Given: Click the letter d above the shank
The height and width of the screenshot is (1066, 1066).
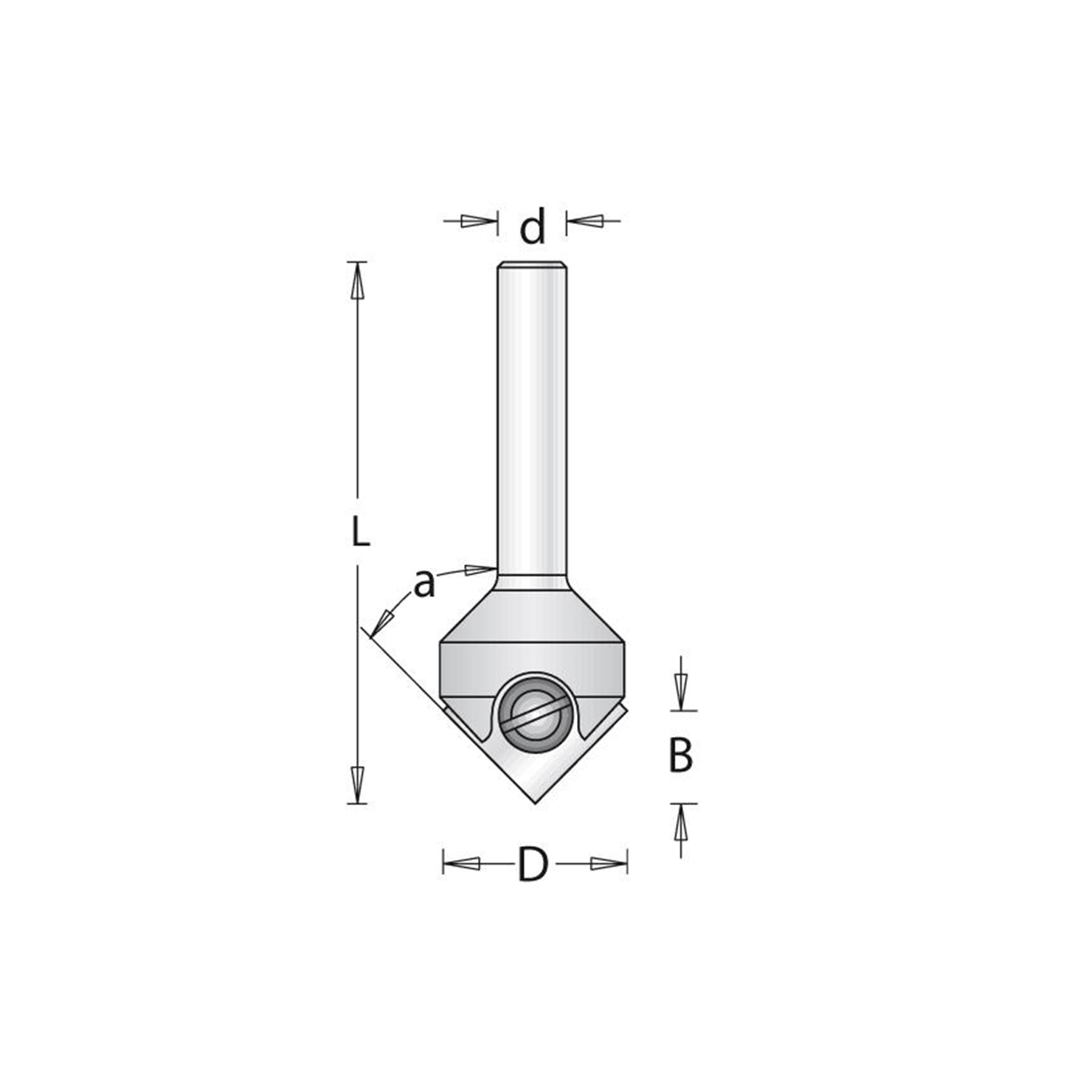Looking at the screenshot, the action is pyautogui.click(x=532, y=226).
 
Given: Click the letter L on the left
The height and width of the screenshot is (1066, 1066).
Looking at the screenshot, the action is pyautogui.click(x=360, y=530).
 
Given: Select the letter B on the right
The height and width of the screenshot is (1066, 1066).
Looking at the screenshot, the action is pyautogui.click(x=680, y=755).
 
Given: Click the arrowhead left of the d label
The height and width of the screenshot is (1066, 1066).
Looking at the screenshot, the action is pyautogui.click(x=480, y=221).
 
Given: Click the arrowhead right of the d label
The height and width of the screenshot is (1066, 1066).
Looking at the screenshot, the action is pyautogui.click(x=584, y=221).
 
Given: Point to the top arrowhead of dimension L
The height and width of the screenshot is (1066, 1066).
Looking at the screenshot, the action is pyautogui.click(x=358, y=280).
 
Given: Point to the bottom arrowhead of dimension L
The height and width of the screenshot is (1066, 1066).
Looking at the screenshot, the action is pyautogui.click(x=358, y=785).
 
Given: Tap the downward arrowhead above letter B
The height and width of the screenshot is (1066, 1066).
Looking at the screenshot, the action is pyautogui.click(x=681, y=693).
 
